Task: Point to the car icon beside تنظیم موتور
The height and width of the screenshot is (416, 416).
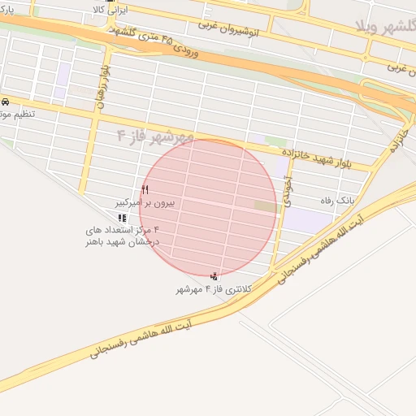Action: (6, 102)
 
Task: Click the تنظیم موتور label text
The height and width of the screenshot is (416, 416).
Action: (15, 115)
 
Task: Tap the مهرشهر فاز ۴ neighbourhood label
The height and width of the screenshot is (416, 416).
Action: (154, 135)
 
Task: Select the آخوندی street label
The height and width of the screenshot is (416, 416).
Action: (287, 195)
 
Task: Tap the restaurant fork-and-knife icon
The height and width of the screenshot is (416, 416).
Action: (145, 188)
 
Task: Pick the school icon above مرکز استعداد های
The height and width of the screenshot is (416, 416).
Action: (122, 218)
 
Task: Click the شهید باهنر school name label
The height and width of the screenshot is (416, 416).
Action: (122, 241)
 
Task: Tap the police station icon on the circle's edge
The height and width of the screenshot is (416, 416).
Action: (214, 277)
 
